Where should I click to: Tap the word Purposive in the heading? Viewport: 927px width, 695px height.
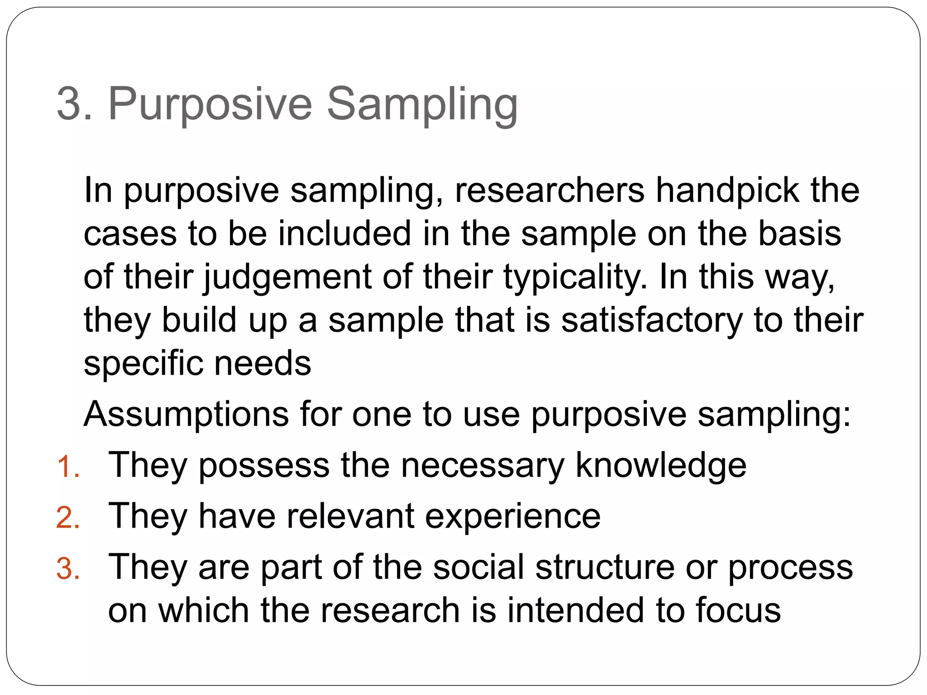210,105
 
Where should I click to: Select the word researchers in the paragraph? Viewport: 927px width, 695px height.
550,190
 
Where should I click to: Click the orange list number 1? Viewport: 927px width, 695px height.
68,467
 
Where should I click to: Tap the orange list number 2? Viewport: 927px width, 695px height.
68,518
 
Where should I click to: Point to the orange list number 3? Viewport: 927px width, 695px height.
68,569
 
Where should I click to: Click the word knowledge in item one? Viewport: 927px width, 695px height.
661,465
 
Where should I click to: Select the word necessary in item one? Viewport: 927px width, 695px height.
483,465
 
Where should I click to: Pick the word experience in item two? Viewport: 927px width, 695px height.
513,516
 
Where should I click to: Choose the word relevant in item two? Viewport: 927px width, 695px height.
350,516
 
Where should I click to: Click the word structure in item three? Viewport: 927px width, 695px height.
605,567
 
